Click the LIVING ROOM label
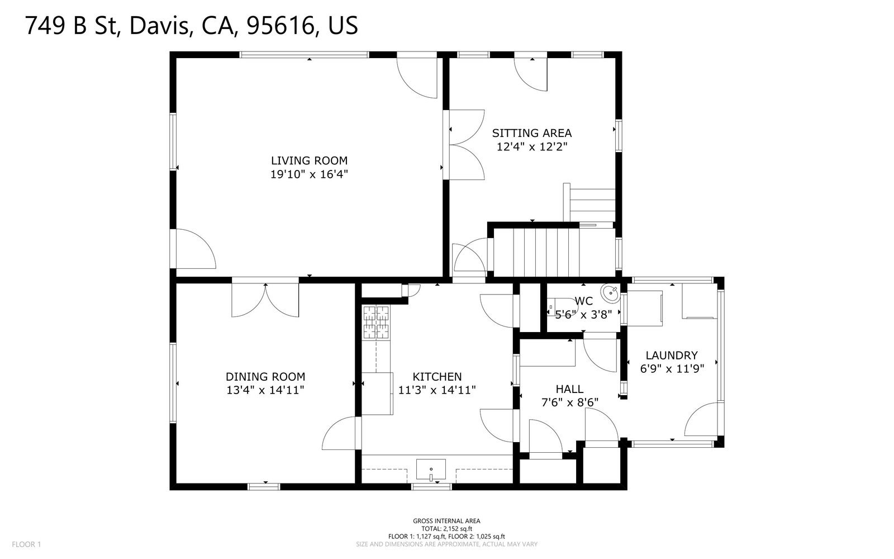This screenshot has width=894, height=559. [x=310, y=160]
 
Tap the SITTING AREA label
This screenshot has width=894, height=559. [x=531, y=133]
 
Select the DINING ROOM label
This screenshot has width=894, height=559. [x=265, y=377]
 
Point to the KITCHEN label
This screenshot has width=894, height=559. [x=437, y=377]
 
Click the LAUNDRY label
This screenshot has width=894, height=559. [x=672, y=355]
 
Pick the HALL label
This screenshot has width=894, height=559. [x=569, y=389]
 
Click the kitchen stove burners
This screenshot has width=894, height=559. [x=376, y=322]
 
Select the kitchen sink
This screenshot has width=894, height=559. [x=431, y=470]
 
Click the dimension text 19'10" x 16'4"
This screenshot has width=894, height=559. [x=310, y=174]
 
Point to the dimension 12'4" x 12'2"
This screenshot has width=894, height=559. [x=531, y=147]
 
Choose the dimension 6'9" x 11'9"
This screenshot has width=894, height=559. [x=672, y=368]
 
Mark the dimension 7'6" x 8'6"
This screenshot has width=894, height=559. [x=569, y=402]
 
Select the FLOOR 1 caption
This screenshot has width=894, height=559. [x=26, y=544]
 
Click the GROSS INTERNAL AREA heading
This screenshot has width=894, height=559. [x=446, y=520]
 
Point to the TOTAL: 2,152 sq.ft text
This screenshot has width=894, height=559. [x=446, y=529]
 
